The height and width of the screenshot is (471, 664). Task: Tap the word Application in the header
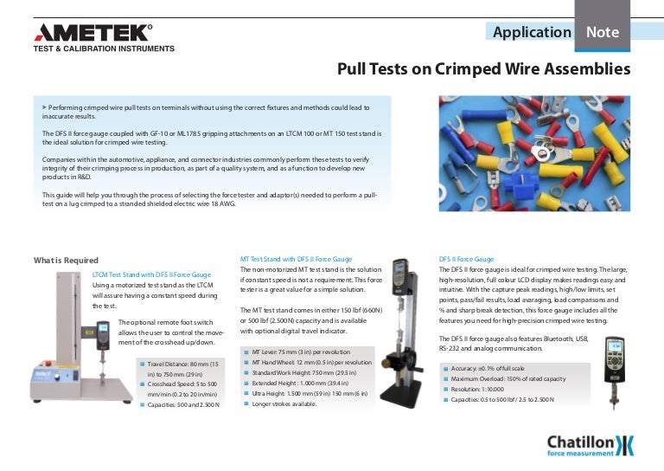tap(531, 32)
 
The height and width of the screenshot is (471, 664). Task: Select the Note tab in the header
tap(603, 32)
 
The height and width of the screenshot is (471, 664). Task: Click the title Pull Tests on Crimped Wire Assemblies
tap(483, 68)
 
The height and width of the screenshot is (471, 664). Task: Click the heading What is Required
tap(66, 261)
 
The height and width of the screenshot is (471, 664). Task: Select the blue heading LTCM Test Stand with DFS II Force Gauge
tap(151, 274)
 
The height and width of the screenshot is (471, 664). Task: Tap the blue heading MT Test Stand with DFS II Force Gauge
tap(295, 259)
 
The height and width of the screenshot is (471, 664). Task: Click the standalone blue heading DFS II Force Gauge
tap(467, 259)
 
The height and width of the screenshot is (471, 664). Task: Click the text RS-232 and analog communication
tap(490, 348)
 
